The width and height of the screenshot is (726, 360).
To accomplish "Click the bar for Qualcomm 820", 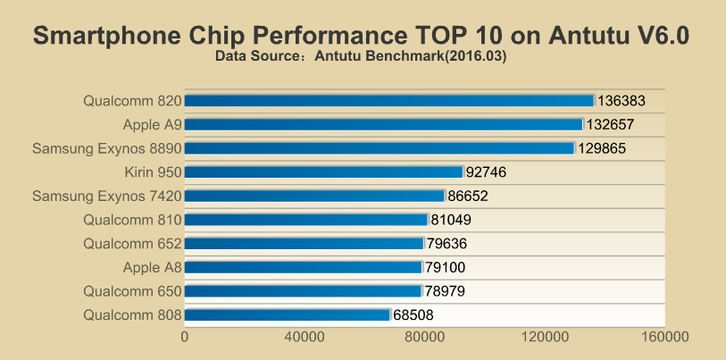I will coord(389,101).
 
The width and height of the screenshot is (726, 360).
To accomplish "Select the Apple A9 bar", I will coord(384,124).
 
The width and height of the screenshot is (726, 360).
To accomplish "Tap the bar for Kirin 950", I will coord(324,172).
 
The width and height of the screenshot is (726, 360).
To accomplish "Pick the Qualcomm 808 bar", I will coord(288,314).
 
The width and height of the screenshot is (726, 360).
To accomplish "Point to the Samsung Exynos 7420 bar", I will coord(314,196).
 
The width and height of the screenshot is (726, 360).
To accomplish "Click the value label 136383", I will coord(622,101).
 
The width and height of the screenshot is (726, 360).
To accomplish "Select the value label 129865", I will coord(605,148).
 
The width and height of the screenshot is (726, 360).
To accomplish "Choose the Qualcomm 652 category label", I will coord(132,243).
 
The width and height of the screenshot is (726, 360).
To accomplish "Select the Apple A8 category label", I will coord(153,267).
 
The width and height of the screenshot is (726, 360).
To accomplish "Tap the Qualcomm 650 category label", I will coord(132,291).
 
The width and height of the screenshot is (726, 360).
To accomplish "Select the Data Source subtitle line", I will coord(362,56).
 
